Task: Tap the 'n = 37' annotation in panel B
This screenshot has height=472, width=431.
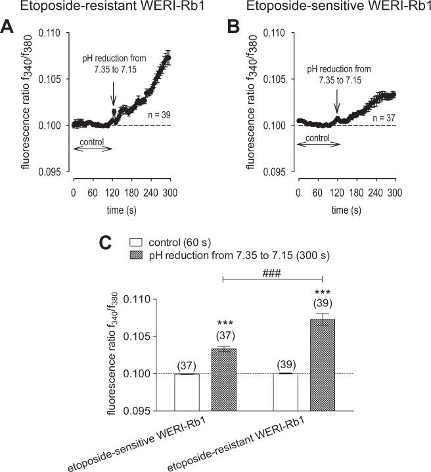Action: point(379,117)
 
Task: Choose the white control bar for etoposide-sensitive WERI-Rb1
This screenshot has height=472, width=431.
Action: point(187,392)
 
